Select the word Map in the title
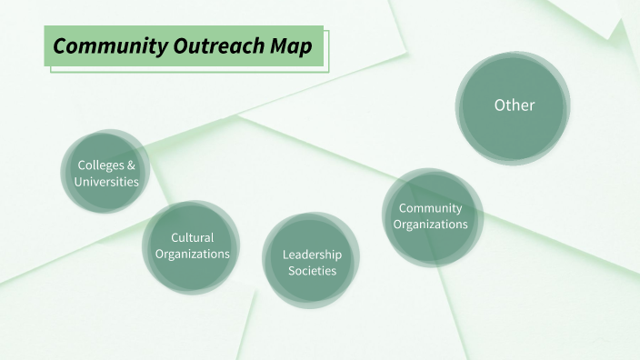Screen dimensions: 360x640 pos(284,45)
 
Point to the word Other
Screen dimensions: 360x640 pos(515,105)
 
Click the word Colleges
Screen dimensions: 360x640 pos(98,165)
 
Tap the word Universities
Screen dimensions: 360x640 pos(106,182)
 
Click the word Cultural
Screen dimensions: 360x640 pos(193,238)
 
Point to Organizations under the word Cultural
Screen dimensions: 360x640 pos(193,255)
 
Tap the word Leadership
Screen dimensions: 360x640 pos(312,255)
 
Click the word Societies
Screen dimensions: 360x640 pos(312,271)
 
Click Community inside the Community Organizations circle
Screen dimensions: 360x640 pos(431,208)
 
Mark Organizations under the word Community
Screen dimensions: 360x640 pos(431,225)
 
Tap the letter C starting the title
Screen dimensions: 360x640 pos(59,45)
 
